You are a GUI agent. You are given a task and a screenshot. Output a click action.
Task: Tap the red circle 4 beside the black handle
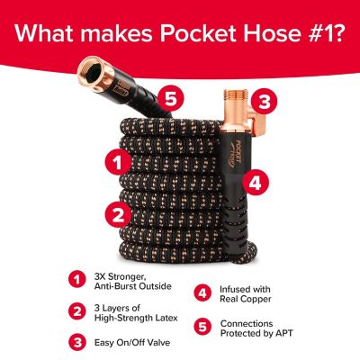(255, 181)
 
